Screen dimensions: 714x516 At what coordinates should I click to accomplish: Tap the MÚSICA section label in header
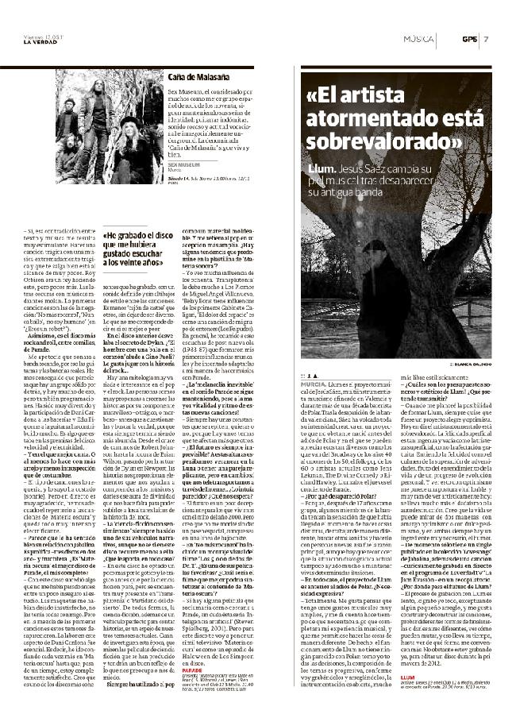(418, 39)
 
